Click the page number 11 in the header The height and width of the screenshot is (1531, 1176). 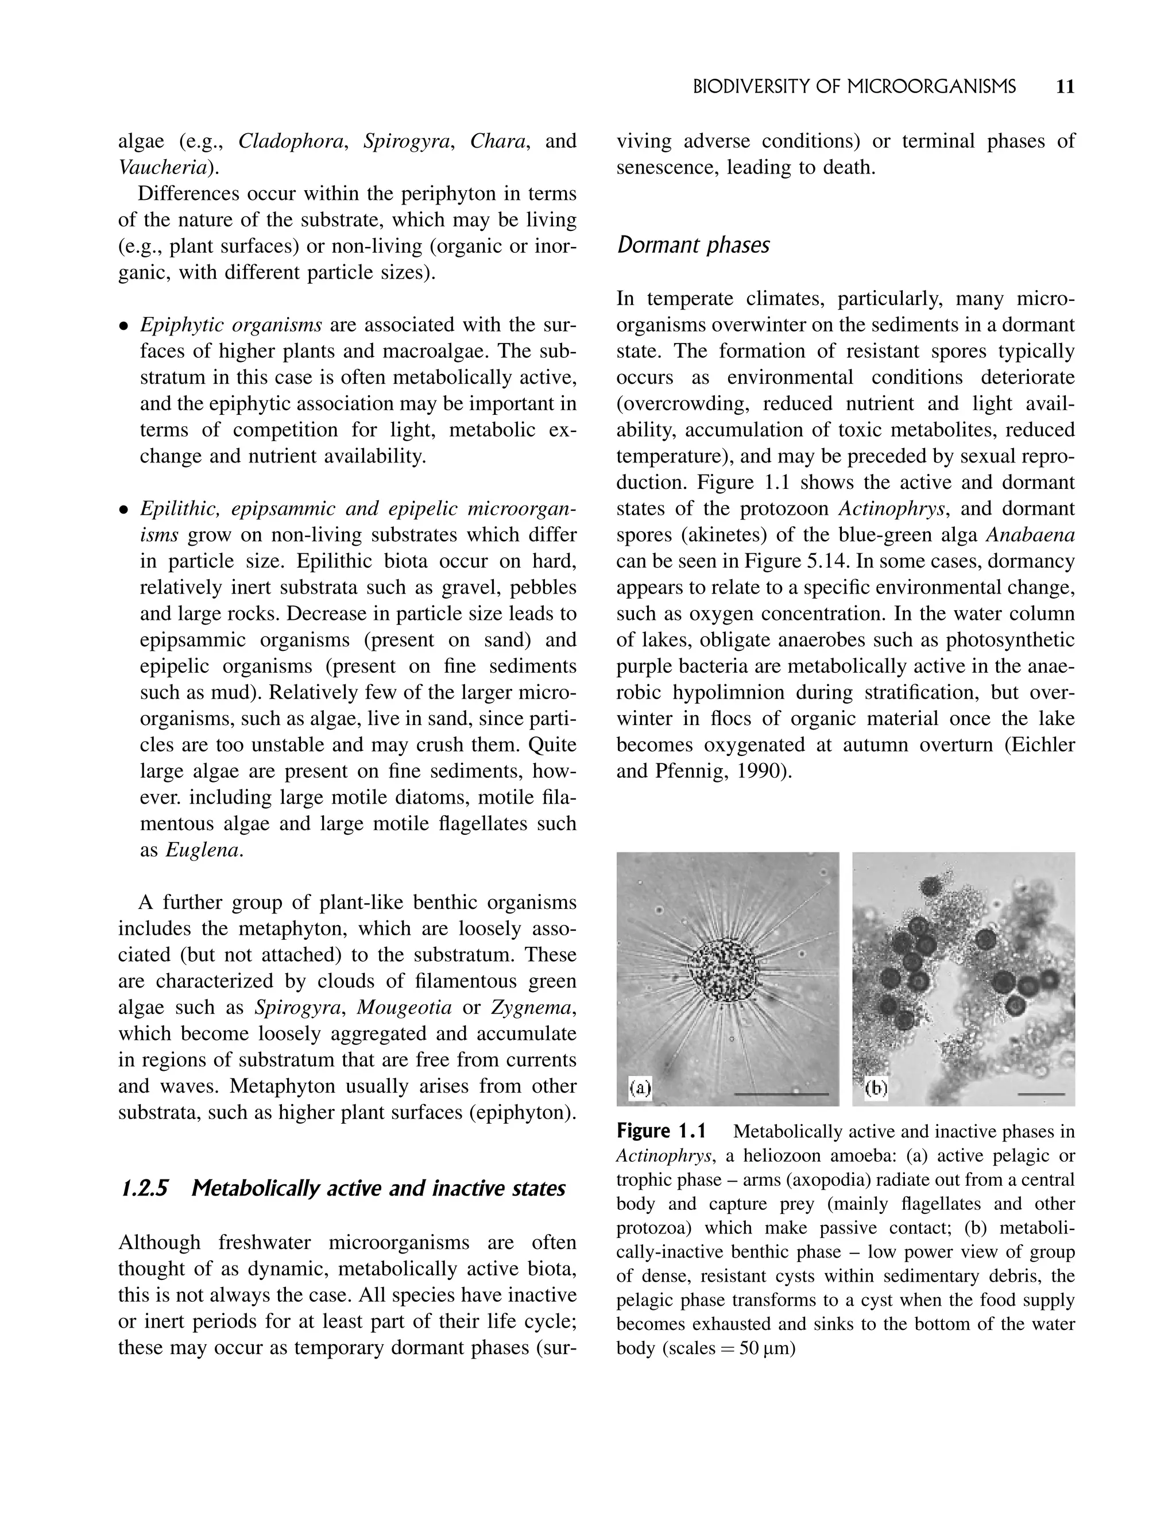(x=1064, y=87)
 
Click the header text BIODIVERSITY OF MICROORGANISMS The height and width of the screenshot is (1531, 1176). (x=854, y=87)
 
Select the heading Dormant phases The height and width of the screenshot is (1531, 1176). (x=693, y=245)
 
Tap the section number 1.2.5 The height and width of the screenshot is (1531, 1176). (x=144, y=1189)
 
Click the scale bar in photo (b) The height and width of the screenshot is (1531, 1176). (x=1041, y=1093)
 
